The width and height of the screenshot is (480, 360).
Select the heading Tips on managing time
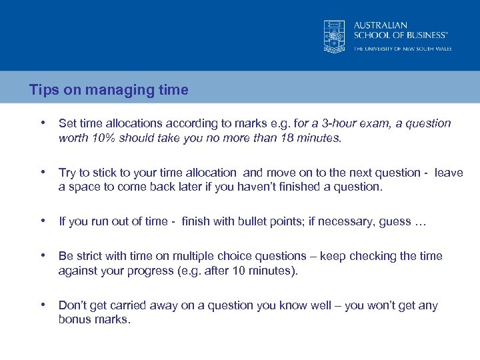tap(109, 90)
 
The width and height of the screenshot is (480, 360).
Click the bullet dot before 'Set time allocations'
tap(43, 123)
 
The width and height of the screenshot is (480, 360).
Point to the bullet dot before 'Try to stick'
tap(43, 172)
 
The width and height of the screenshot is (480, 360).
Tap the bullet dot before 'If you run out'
tap(43, 221)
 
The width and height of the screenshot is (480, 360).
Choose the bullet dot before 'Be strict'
tap(43, 255)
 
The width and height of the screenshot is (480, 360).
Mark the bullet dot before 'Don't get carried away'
tap(43, 305)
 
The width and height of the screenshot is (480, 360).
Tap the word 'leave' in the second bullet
tap(449, 173)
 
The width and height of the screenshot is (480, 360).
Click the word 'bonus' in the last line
tap(75, 320)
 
